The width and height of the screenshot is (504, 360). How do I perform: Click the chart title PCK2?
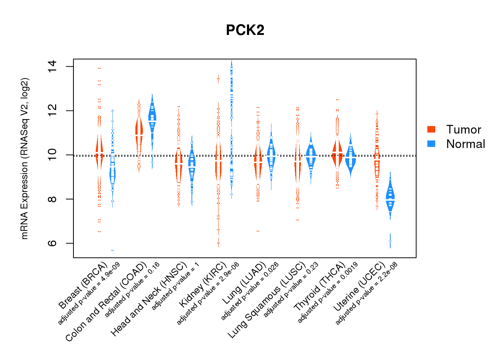pos(245,30)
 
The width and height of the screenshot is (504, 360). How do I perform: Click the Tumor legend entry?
pos(463,130)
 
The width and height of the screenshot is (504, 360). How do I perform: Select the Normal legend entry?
pos(465,144)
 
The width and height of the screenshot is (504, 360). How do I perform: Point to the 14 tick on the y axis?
pos(53,67)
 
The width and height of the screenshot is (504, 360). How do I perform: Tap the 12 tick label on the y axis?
pos(53,111)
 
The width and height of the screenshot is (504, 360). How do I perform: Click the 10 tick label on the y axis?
pos(53,155)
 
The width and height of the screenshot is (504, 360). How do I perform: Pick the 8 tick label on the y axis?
pos(53,199)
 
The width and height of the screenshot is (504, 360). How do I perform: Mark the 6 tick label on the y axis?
pos(53,243)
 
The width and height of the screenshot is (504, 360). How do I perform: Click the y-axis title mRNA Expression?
pos(24,158)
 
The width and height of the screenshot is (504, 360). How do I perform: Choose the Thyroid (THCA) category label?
pos(319,287)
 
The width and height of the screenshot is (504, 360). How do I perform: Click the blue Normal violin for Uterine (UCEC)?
pos(390,200)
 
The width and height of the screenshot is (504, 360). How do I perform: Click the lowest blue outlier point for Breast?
pos(113,250)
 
